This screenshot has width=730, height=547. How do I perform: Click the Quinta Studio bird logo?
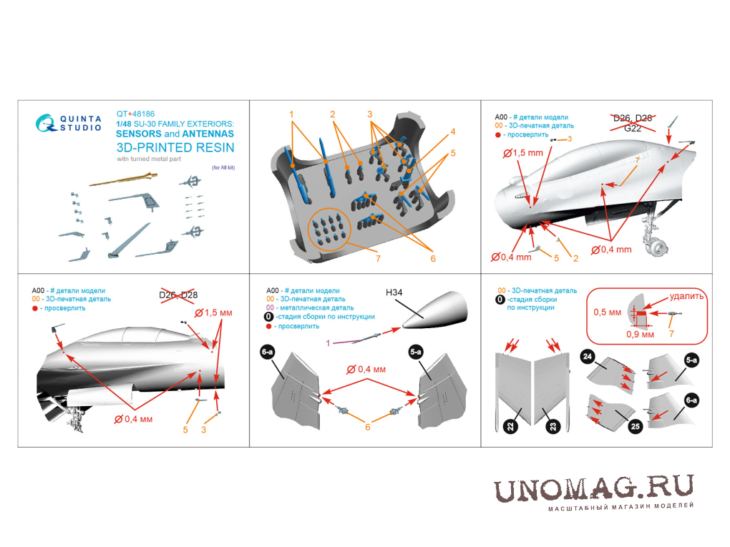[46, 123]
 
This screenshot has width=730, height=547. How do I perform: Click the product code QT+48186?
[135, 114]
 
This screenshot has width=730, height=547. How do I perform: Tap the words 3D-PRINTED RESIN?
[175, 147]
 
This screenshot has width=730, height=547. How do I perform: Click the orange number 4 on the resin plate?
[452, 132]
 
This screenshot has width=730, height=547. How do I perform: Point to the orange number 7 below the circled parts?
[378, 259]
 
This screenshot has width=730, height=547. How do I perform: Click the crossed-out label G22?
[633, 129]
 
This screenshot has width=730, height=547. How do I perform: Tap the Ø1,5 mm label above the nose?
[523, 152]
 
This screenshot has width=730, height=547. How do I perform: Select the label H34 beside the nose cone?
[394, 292]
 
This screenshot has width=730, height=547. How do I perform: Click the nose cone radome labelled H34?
[434, 310]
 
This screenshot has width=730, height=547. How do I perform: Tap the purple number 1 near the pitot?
[328, 343]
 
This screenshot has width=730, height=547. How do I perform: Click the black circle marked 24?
[588, 357]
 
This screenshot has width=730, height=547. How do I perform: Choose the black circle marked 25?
[635, 427]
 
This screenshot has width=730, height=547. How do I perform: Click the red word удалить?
[687, 296]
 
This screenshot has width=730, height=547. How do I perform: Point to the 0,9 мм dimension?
[640, 334]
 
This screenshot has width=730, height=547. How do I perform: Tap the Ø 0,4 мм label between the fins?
[366, 370]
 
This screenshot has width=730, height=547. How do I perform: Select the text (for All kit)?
[223, 167]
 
